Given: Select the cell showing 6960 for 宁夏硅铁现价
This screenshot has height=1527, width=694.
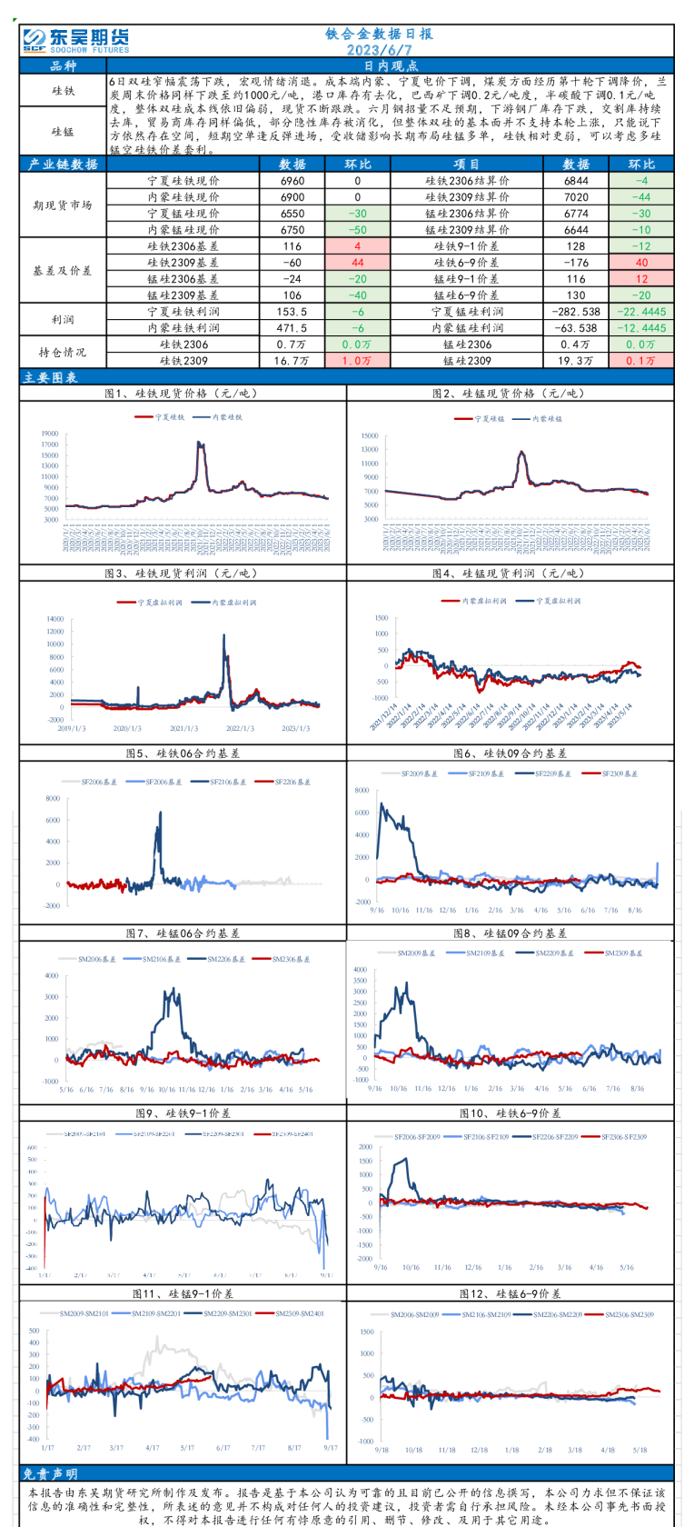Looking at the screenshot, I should [292, 181].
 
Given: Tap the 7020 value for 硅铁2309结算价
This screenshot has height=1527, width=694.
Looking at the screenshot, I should [576, 197].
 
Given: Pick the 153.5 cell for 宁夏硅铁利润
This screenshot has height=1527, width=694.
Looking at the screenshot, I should [292, 312].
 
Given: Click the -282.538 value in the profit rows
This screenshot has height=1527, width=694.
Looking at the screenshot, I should [576, 312].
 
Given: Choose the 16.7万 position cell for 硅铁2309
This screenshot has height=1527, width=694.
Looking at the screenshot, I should [292, 361].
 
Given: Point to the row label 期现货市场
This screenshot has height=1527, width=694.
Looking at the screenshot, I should [62, 205].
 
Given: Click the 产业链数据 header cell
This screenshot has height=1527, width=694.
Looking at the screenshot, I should [63, 165].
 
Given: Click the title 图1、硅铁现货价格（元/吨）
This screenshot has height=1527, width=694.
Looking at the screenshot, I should [182, 394].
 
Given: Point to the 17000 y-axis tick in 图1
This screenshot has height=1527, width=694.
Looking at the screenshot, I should [50, 434].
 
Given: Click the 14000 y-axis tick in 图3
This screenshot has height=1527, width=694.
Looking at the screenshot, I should [55, 619].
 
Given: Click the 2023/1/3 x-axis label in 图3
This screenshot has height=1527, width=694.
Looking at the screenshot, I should [295, 728].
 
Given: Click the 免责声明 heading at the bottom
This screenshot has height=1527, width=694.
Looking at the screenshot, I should [49, 1474].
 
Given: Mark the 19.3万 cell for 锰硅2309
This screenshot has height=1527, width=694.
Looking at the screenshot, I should [576, 361].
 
